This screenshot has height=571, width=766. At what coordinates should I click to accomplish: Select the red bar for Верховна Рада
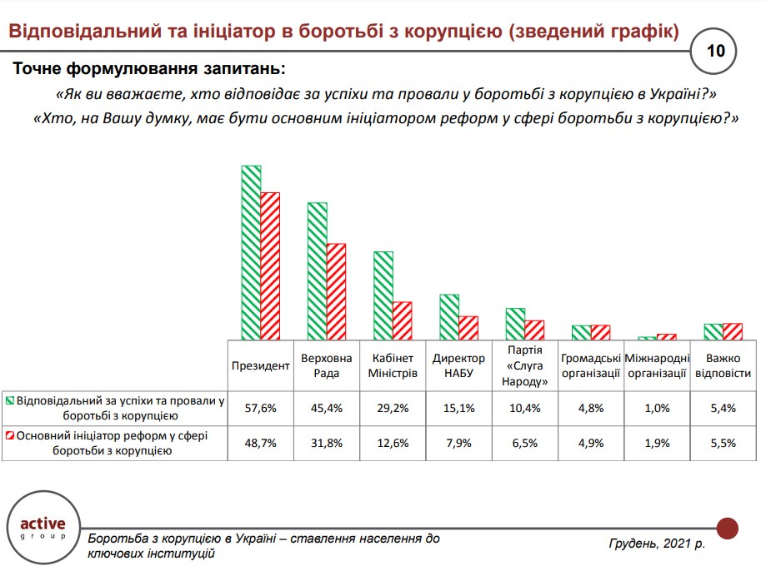(x=336, y=290)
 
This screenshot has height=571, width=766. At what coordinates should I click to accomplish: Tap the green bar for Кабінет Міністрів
(x=383, y=295)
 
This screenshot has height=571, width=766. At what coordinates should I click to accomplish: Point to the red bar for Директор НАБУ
(x=468, y=327)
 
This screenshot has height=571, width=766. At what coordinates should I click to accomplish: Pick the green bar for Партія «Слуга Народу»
(x=515, y=323)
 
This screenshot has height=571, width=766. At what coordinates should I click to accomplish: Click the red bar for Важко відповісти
(x=733, y=330)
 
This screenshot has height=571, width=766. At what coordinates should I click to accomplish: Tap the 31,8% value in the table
(x=327, y=443)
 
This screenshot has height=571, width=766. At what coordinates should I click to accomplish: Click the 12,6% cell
(x=393, y=443)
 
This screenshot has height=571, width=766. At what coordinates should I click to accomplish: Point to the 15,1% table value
(x=458, y=408)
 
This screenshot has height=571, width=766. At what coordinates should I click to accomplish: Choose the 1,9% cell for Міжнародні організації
(x=657, y=443)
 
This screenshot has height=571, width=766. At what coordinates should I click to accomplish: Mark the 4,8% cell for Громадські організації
(x=591, y=408)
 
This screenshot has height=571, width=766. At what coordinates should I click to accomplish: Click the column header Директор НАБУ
(x=458, y=365)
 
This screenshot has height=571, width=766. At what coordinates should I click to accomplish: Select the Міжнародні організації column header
(x=657, y=365)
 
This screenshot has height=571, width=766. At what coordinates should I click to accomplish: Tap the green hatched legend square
(x=9, y=400)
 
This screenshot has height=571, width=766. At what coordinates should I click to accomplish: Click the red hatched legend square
(x=9, y=435)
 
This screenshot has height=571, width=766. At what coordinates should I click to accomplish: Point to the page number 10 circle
(x=715, y=51)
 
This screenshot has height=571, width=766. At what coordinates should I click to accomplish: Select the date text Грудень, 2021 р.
(x=657, y=544)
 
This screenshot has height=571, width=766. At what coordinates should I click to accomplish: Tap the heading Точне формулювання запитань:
(x=148, y=67)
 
